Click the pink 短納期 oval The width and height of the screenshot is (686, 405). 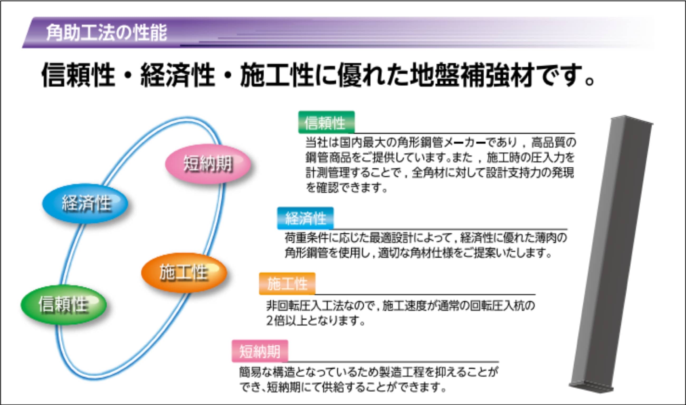coord(208,164)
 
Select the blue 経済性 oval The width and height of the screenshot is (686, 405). coord(85,203)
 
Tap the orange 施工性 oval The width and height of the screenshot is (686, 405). coord(184,273)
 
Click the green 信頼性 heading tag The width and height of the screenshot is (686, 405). coord(326,122)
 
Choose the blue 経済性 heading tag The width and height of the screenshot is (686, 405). coord(305,218)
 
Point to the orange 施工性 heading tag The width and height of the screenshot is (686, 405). coord(287,283)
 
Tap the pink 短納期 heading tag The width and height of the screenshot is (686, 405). coord(260,351)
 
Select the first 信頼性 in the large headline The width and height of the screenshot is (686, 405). coord(78,75)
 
